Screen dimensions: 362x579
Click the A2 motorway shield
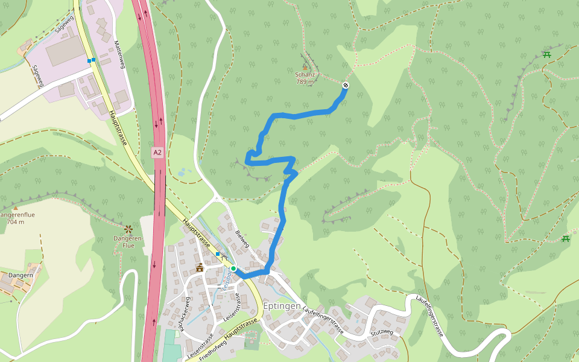click(157, 153)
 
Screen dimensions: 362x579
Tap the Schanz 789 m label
click(305, 78)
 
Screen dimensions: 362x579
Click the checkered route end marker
click(346, 85)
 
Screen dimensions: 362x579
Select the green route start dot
click(233, 268)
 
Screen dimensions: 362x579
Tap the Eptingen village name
click(281, 305)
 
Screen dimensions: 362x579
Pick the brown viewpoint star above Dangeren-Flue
click(128, 229)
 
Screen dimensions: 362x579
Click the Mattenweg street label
click(119, 54)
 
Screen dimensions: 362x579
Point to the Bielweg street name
click(242, 239)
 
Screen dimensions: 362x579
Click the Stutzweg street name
click(382, 332)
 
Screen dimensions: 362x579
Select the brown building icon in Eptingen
click(200, 267)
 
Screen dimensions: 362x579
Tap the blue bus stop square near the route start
click(218, 254)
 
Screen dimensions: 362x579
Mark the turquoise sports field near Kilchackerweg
click(172, 353)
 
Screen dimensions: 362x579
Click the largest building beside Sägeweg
click(65, 51)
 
